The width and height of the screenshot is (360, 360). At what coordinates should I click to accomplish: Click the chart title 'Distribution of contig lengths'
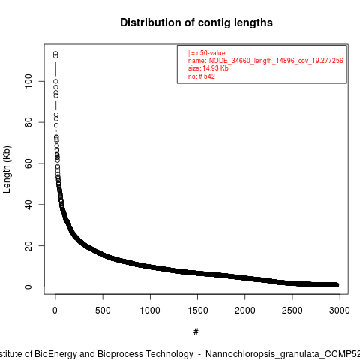coord(196,22)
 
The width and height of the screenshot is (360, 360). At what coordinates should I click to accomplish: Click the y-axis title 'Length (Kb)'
coord(7,169)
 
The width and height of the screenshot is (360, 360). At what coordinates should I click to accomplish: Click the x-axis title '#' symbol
coord(196,332)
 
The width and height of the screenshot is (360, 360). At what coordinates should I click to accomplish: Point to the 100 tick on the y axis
coord(28,81)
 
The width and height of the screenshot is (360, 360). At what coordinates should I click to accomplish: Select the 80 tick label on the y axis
coord(28,122)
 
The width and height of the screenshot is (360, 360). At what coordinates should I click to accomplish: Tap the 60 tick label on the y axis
coord(28,163)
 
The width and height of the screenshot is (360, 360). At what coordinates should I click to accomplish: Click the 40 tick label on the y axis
coord(28,205)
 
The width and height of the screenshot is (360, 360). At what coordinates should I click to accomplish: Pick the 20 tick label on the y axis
coord(28,245)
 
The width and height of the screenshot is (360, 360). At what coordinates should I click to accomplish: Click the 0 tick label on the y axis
coord(28,286)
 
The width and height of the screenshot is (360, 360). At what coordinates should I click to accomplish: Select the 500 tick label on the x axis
coord(103,310)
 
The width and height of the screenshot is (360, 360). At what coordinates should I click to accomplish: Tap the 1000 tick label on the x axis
coord(150,310)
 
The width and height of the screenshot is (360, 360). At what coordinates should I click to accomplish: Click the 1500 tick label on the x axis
coord(197,310)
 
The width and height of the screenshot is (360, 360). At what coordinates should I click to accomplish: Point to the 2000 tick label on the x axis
coord(245,310)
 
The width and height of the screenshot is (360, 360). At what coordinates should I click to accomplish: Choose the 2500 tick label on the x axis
coord(292,310)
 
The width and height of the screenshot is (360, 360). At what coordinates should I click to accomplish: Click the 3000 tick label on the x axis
coord(340,310)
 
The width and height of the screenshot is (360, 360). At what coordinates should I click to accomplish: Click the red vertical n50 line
coord(106,169)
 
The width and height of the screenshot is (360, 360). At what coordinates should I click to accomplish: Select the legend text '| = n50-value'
coord(207,53)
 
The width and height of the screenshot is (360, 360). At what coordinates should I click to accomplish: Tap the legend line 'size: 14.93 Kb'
coord(208,68)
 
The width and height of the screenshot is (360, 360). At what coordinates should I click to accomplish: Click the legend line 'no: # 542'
coord(202,76)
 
